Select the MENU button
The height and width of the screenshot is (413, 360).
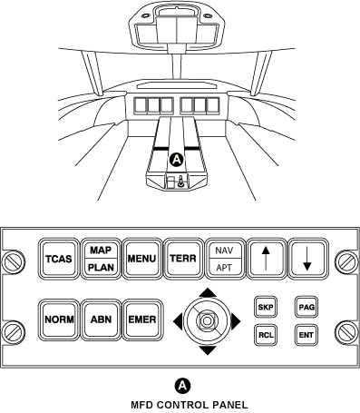point(141,259)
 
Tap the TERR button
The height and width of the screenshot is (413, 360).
point(183,259)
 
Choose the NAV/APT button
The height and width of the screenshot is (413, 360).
point(223,259)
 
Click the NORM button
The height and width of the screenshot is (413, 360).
point(59,320)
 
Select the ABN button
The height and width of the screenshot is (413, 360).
point(100,320)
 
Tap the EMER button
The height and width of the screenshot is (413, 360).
point(141,320)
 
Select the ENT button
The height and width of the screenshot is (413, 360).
point(306,334)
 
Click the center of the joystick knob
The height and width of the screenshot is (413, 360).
point(208,320)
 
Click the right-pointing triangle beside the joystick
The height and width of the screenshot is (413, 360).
point(237,320)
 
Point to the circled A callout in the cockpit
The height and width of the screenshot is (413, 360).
point(177,160)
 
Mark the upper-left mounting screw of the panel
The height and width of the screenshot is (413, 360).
point(14,262)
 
